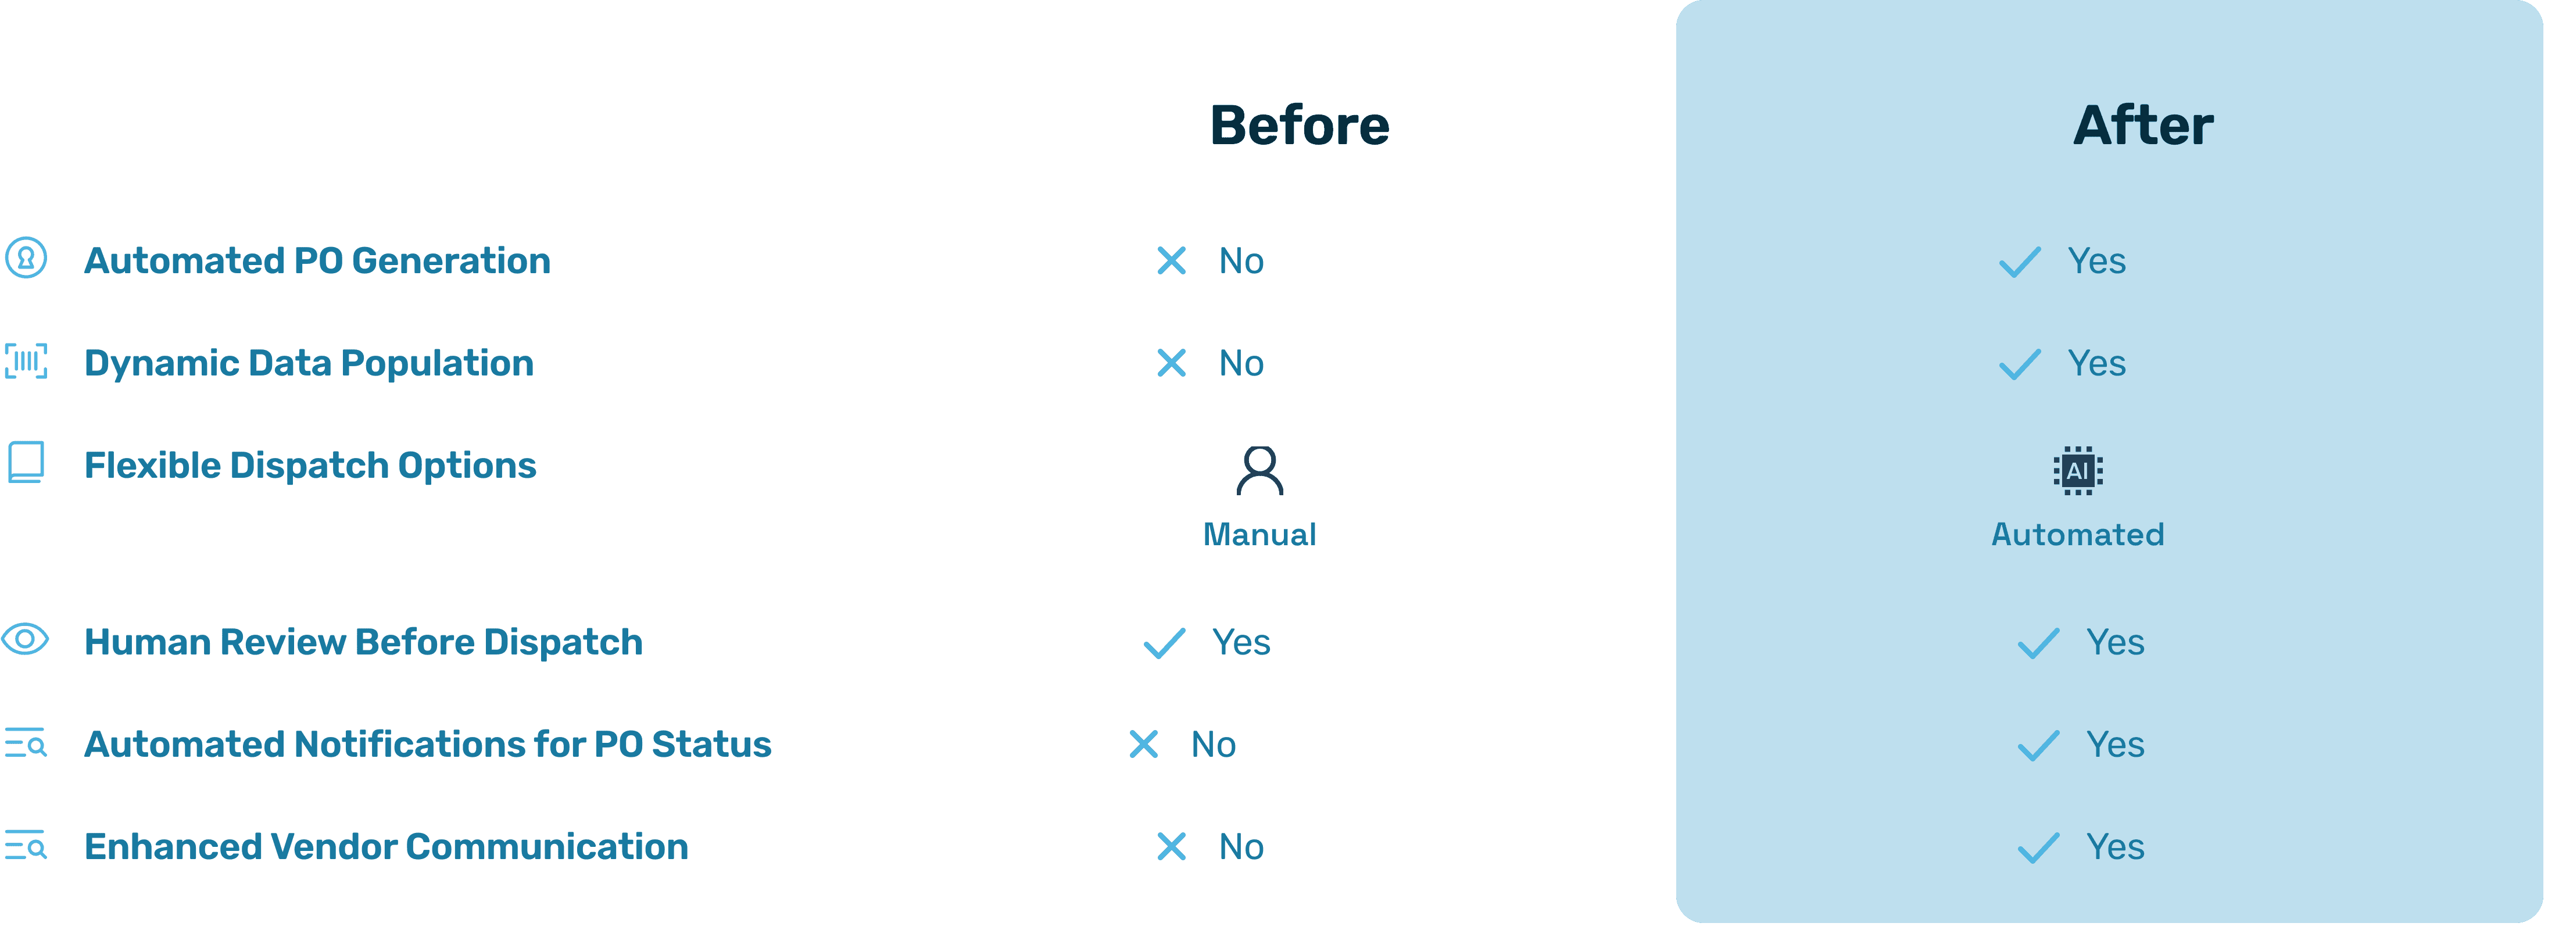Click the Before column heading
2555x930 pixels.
pos(1300,126)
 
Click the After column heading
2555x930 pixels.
pos(2142,126)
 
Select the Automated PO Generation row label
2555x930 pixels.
pos(317,261)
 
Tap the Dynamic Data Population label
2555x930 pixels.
pos(309,363)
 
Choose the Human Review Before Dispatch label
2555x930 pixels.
pos(363,642)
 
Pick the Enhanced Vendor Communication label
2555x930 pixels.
pos(386,847)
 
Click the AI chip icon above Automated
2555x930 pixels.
pos(2077,470)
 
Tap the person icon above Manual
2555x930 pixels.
pos(1259,470)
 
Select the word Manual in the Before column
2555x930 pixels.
pos(1259,534)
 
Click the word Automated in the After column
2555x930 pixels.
pos(2077,534)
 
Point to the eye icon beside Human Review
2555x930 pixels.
pos(26,639)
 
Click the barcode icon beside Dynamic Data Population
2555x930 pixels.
pos(26,361)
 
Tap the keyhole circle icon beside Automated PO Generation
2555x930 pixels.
pos(26,257)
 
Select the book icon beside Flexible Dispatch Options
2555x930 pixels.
pos(26,462)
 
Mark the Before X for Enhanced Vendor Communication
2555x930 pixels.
pos(1171,847)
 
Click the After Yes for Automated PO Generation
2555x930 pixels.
pos(2096,261)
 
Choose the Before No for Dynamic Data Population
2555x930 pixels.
pos(1241,363)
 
